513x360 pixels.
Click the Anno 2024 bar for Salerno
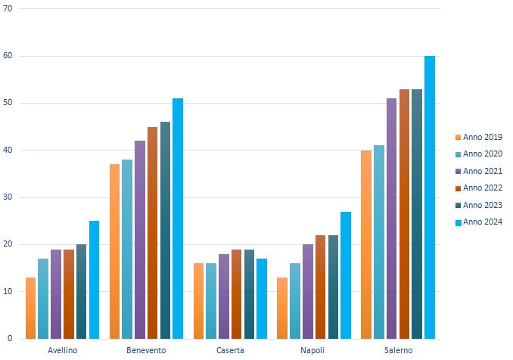click(x=430, y=197)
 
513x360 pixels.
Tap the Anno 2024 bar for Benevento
click(x=178, y=219)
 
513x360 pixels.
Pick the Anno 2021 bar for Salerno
click(x=391, y=219)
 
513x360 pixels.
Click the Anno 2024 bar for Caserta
click(x=262, y=299)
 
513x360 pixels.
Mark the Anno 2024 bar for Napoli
click(x=346, y=275)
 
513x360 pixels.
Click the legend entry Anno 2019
click(x=481, y=137)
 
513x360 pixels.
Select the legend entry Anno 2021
click(x=481, y=171)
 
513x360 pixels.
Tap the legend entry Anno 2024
click(x=481, y=222)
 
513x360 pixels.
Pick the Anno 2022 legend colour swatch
click(x=458, y=188)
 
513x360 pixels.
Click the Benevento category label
click(x=146, y=351)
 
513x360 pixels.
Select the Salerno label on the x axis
click(x=398, y=351)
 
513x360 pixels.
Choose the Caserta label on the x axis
click(x=230, y=351)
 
